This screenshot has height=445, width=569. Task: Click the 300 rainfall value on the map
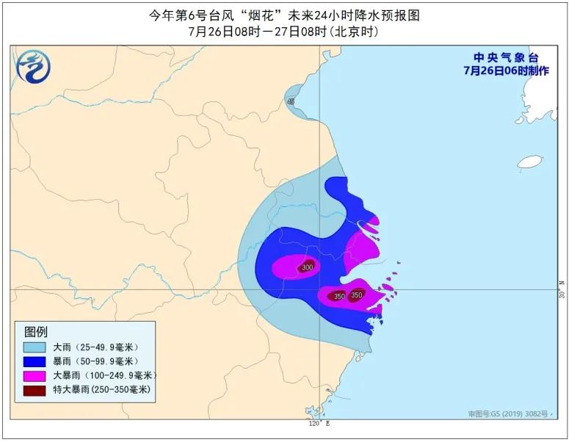pos(307,267)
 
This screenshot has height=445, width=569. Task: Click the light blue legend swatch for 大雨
pos(35,347)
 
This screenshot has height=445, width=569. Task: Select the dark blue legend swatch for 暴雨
pos(35,361)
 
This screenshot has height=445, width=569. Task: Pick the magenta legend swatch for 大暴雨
pos(35,375)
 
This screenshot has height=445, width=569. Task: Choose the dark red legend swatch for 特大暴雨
pos(35,389)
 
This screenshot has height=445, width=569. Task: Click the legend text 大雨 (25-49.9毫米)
pos(95,347)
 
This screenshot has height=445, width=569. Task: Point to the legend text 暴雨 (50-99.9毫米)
pos(95,361)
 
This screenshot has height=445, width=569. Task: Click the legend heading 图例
pos(36,331)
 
